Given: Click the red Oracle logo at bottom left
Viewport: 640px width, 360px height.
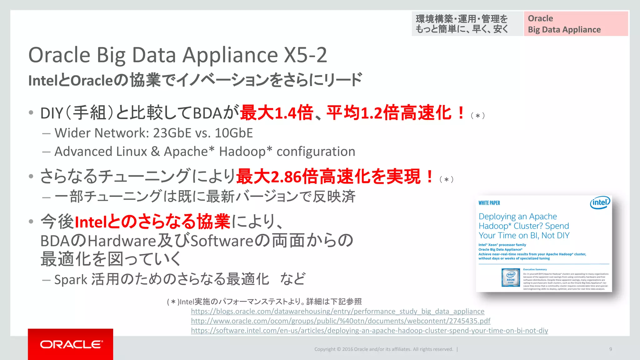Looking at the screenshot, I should [x=71, y=344].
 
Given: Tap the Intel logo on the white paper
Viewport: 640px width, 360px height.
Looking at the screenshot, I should [x=600, y=203].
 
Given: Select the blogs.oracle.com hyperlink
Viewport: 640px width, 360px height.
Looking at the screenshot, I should [x=337, y=311].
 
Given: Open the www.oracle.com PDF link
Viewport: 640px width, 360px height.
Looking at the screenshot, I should [x=340, y=321].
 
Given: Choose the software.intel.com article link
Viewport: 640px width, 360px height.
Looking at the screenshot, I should [x=369, y=331].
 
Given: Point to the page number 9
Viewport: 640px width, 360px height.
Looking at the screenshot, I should [x=610, y=349].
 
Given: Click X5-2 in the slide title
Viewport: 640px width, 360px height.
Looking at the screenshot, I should [x=305, y=55].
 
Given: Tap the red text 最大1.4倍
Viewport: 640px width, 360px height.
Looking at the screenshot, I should [x=277, y=113].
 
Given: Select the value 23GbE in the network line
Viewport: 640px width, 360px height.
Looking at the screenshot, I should [x=172, y=133].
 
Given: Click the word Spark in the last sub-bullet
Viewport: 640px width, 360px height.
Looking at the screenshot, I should [x=71, y=279].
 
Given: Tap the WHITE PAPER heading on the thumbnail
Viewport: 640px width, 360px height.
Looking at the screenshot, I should [x=489, y=203].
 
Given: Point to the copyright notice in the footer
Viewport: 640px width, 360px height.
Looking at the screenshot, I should [x=383, y=349].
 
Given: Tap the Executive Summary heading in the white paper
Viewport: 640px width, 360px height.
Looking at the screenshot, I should [x=535, y=269].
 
